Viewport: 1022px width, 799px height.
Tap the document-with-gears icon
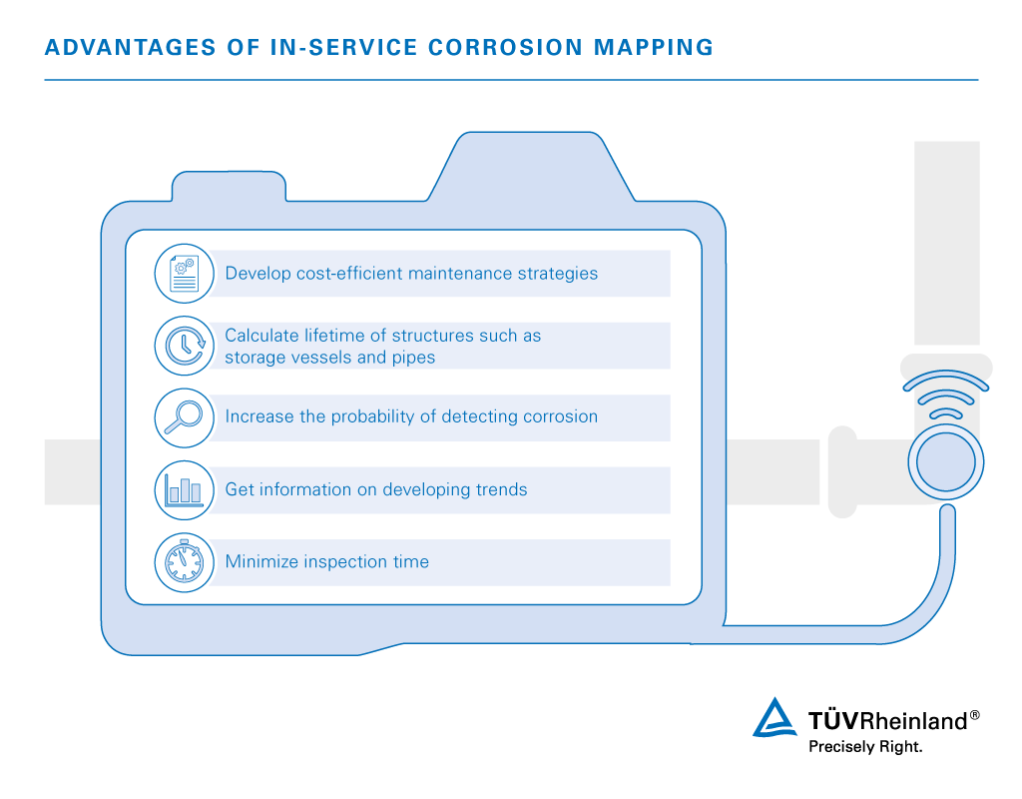(x=185, y=274)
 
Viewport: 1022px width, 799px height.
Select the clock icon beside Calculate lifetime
(x=185, y=346)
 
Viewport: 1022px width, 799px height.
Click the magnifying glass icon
(x=185, y=417)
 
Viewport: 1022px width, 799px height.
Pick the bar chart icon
(x=185, y=490)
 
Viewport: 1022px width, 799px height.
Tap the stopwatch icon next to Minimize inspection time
(x=185, y=562)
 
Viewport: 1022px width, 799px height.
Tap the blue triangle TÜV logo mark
(x=774, y=718)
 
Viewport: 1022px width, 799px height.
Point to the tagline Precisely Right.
(x=864, y=747)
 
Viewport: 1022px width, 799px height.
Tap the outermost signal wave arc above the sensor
(x=945, y=382)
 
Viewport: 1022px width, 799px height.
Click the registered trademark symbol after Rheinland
(x=974, y=714)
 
